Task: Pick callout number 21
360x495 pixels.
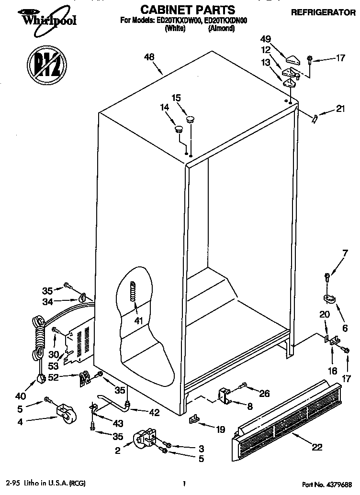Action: pyautogui.click(x=340, y=109)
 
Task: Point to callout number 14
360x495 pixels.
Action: pyautogui.click(x=165, y=108)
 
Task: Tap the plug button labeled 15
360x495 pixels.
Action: pyautogui.click(x=190, y=118)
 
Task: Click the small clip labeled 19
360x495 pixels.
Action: pyautogui.click(x=194, y=419)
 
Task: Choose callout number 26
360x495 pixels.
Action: pyautogui.click(x=264, y=393)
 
